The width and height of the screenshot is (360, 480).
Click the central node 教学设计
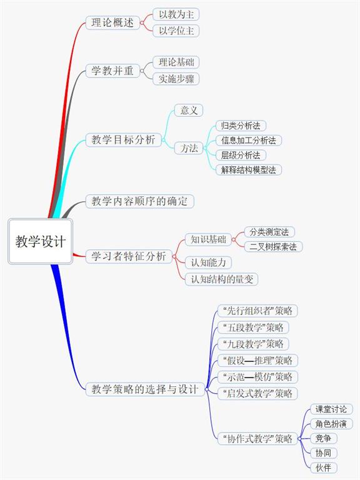pos(41,241)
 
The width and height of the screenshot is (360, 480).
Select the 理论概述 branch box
pos(112,22)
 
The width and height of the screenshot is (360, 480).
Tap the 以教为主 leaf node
pos(176,14)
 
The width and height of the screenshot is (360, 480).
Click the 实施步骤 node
pos(176,79)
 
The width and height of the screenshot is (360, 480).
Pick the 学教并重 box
pos(112,71)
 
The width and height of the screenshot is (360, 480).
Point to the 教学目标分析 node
pos(123,139)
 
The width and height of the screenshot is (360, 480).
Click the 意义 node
pos(189,110)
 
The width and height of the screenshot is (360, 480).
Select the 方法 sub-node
pos(189,148)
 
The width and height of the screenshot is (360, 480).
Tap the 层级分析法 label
pos(241,155)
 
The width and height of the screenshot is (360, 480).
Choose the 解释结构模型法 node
pos(249,169)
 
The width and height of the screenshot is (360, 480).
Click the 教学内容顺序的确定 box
pos(139,201)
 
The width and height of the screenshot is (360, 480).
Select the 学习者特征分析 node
pos(129,256)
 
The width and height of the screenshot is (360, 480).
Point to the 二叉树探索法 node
pos(273,246)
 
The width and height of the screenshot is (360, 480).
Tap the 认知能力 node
pos(208,262)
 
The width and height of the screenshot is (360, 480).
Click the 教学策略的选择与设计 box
pos(145,389)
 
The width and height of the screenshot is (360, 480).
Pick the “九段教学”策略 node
pos(253,344)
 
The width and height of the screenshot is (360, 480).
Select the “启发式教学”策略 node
pos(257,393)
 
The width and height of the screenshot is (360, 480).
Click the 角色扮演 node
pos(331,424)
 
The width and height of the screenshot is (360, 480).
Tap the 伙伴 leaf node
pos(323,467)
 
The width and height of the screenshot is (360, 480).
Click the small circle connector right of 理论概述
pos(142,22)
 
